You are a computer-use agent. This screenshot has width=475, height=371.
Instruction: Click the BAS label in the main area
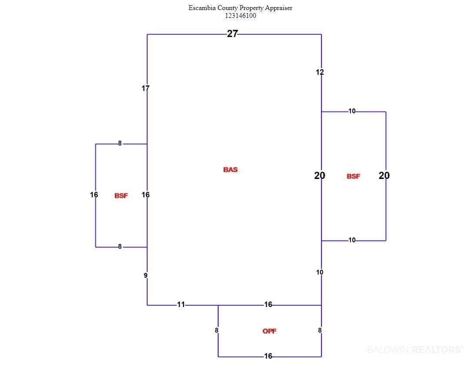coord(230,169)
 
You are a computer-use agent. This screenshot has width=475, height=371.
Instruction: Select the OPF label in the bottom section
coord(269,331)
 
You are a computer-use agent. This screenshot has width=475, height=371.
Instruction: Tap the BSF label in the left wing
coord(121,196)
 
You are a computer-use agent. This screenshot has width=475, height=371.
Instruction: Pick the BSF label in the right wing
coord(353,176)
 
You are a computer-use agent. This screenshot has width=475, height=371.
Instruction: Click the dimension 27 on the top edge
coord(232,34)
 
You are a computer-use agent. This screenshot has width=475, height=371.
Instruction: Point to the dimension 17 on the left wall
coord(145,88)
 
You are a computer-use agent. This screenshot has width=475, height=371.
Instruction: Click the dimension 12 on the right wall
coord(320,72)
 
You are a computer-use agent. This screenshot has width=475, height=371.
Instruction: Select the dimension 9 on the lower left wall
coord(145,276)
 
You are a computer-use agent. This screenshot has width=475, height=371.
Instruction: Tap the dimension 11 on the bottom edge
coord(181,304)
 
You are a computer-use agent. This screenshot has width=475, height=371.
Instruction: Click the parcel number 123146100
coord(240,16)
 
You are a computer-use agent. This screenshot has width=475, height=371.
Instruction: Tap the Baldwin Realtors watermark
coord(415,350)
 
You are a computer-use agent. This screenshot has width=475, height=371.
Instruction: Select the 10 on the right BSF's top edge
coord(352,111)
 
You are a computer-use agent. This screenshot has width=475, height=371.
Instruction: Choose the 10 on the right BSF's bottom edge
coord(352,240)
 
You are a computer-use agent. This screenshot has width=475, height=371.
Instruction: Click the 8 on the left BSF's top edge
coord(120,143)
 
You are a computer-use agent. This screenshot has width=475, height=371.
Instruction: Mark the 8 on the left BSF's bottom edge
coord(120,246)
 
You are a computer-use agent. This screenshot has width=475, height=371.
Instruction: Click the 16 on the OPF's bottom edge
coord(268,356)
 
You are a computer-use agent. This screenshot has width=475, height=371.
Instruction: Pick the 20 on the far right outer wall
coord(384,175)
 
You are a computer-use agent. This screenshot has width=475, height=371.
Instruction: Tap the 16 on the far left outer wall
coord(94,195)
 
